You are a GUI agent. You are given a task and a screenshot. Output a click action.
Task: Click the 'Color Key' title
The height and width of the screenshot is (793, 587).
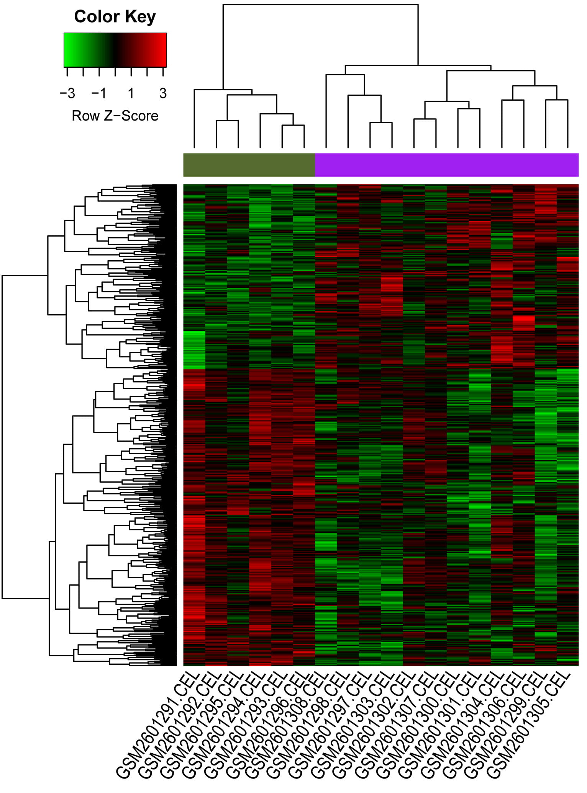(x=115, y=17)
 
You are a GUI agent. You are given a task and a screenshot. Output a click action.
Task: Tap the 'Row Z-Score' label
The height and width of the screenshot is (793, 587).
(x=115, y=116)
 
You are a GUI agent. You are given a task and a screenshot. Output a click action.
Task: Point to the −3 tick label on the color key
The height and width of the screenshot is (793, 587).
(x=67, y=93)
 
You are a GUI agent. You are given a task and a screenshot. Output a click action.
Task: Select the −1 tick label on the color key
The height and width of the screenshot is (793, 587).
(x=99, y=93)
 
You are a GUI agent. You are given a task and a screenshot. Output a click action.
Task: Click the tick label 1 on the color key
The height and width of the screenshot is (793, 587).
(x=131, y=93)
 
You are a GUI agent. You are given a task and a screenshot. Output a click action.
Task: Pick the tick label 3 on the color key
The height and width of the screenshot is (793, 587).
(x=163, y=93)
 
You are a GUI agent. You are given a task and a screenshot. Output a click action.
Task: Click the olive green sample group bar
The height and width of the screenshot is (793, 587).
(x=249, y=165)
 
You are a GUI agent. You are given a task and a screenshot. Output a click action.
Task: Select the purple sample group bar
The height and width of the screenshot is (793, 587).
(x=446, y=165)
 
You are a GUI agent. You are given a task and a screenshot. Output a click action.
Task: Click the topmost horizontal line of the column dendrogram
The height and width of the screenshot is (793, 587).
(x=320, y=5)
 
